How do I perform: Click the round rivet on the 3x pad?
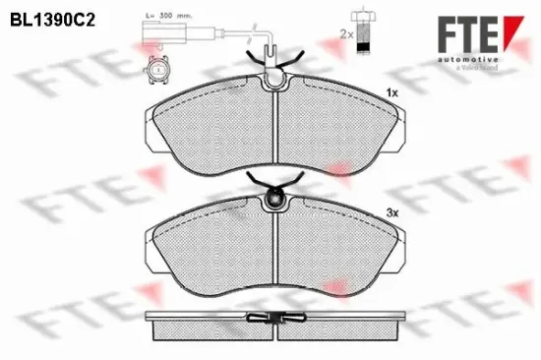tap(275, 202)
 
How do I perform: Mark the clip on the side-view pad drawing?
tap(274, 318)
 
